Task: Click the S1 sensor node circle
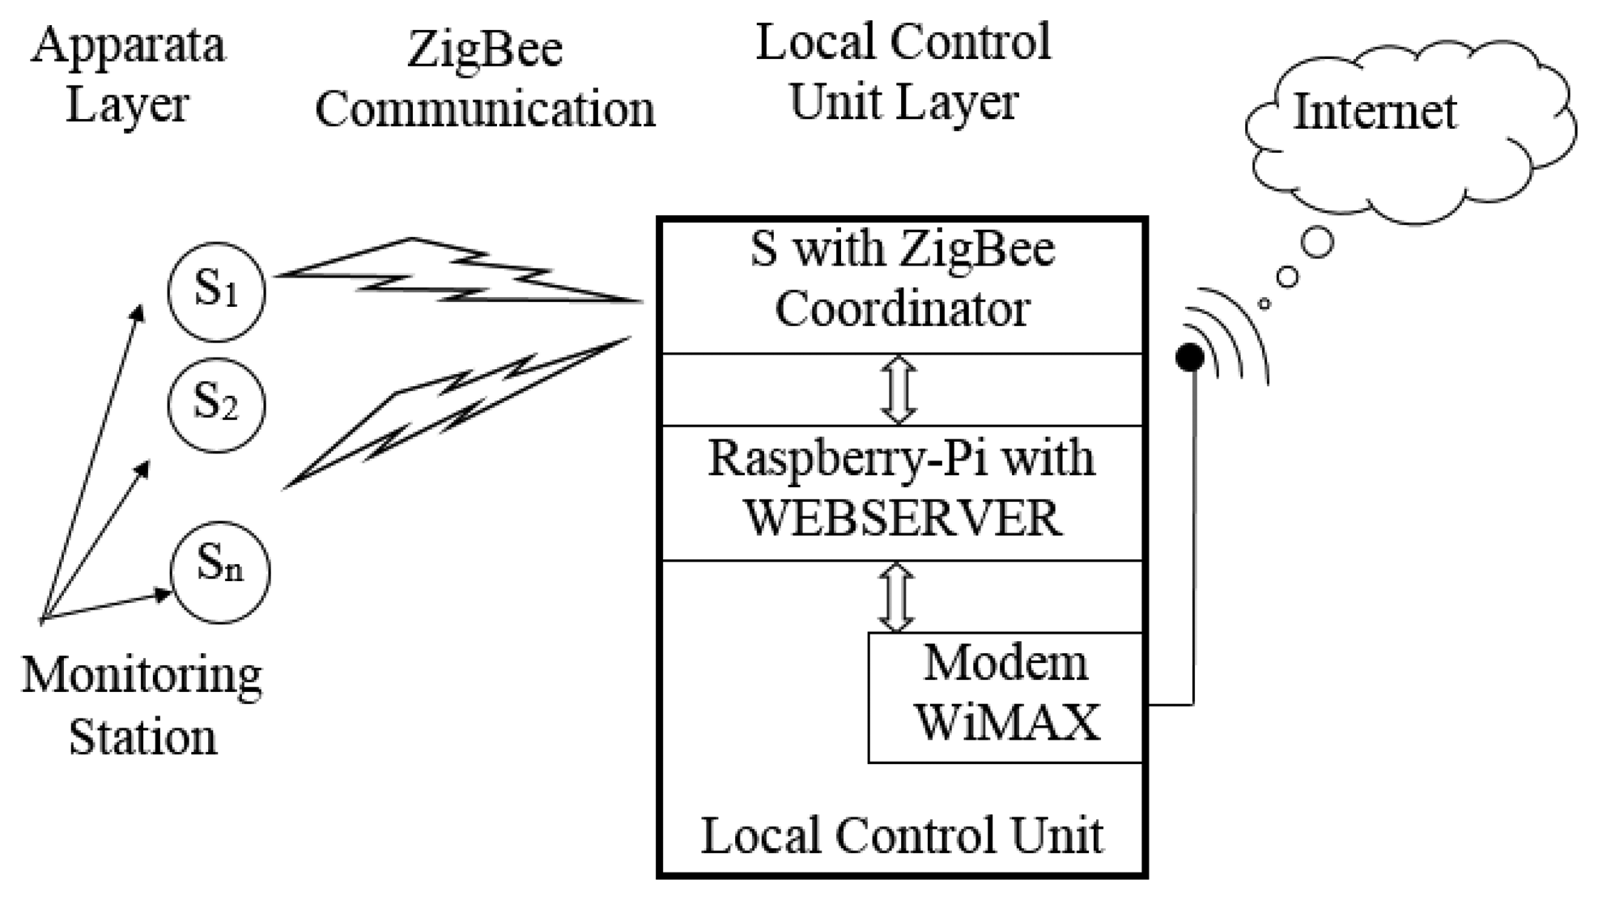[x=216, y=291]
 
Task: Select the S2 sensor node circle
[x=216, y=405]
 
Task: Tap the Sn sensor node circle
[x=220, y=571]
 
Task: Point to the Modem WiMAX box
[x=1005, y=697]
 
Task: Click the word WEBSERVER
[x=903, y=518]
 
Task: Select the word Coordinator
[x=903, y=309]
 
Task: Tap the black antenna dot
[x=1189, y=357]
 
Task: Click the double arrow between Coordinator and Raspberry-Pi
[x=899, y=390]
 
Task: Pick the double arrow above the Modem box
[x=897, y=597]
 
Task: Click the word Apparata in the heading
[x=128, y=45]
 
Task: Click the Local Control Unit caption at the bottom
[x=902, y=835]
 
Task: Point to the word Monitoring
[x=142, y=675]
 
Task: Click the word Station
[x=142, y=737]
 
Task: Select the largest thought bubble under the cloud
[x=1318, y=242]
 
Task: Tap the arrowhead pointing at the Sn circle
[x=164, y=595]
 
